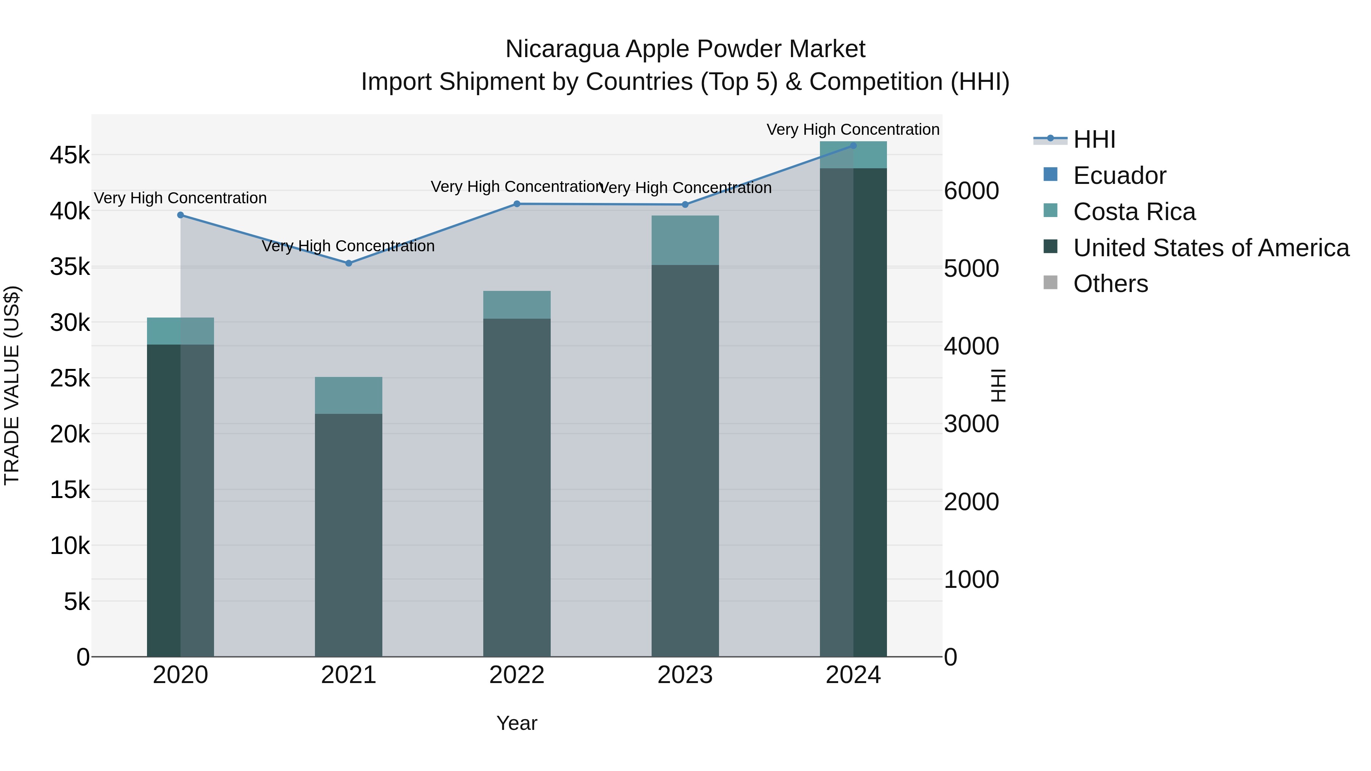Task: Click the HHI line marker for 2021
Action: [x=348, y=263]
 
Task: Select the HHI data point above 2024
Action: [x=853, y=146]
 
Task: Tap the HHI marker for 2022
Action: [x=517, y=204]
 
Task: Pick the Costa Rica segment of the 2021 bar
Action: [x=348, y=395]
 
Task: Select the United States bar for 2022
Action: [x=517, y=487]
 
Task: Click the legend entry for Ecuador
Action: [x=1119, y=176]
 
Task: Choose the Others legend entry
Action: [x=1110, y=284]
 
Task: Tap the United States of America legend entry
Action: [x=1211, y=248]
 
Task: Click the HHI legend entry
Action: [x=1094, y=139]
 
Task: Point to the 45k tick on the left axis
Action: [x=70, y=156]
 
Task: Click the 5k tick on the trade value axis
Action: [x=77, y=602]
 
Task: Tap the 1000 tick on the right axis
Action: [x=971, y=579]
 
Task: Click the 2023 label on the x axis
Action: [x=685, y=675]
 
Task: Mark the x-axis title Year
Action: [x=517, y=723]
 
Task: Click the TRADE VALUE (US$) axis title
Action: [x=12, y=385]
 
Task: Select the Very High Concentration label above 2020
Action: [x=181, y=198]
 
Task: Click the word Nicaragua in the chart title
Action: [x=562, y=49]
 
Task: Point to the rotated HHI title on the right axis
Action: [x=999, y=385]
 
